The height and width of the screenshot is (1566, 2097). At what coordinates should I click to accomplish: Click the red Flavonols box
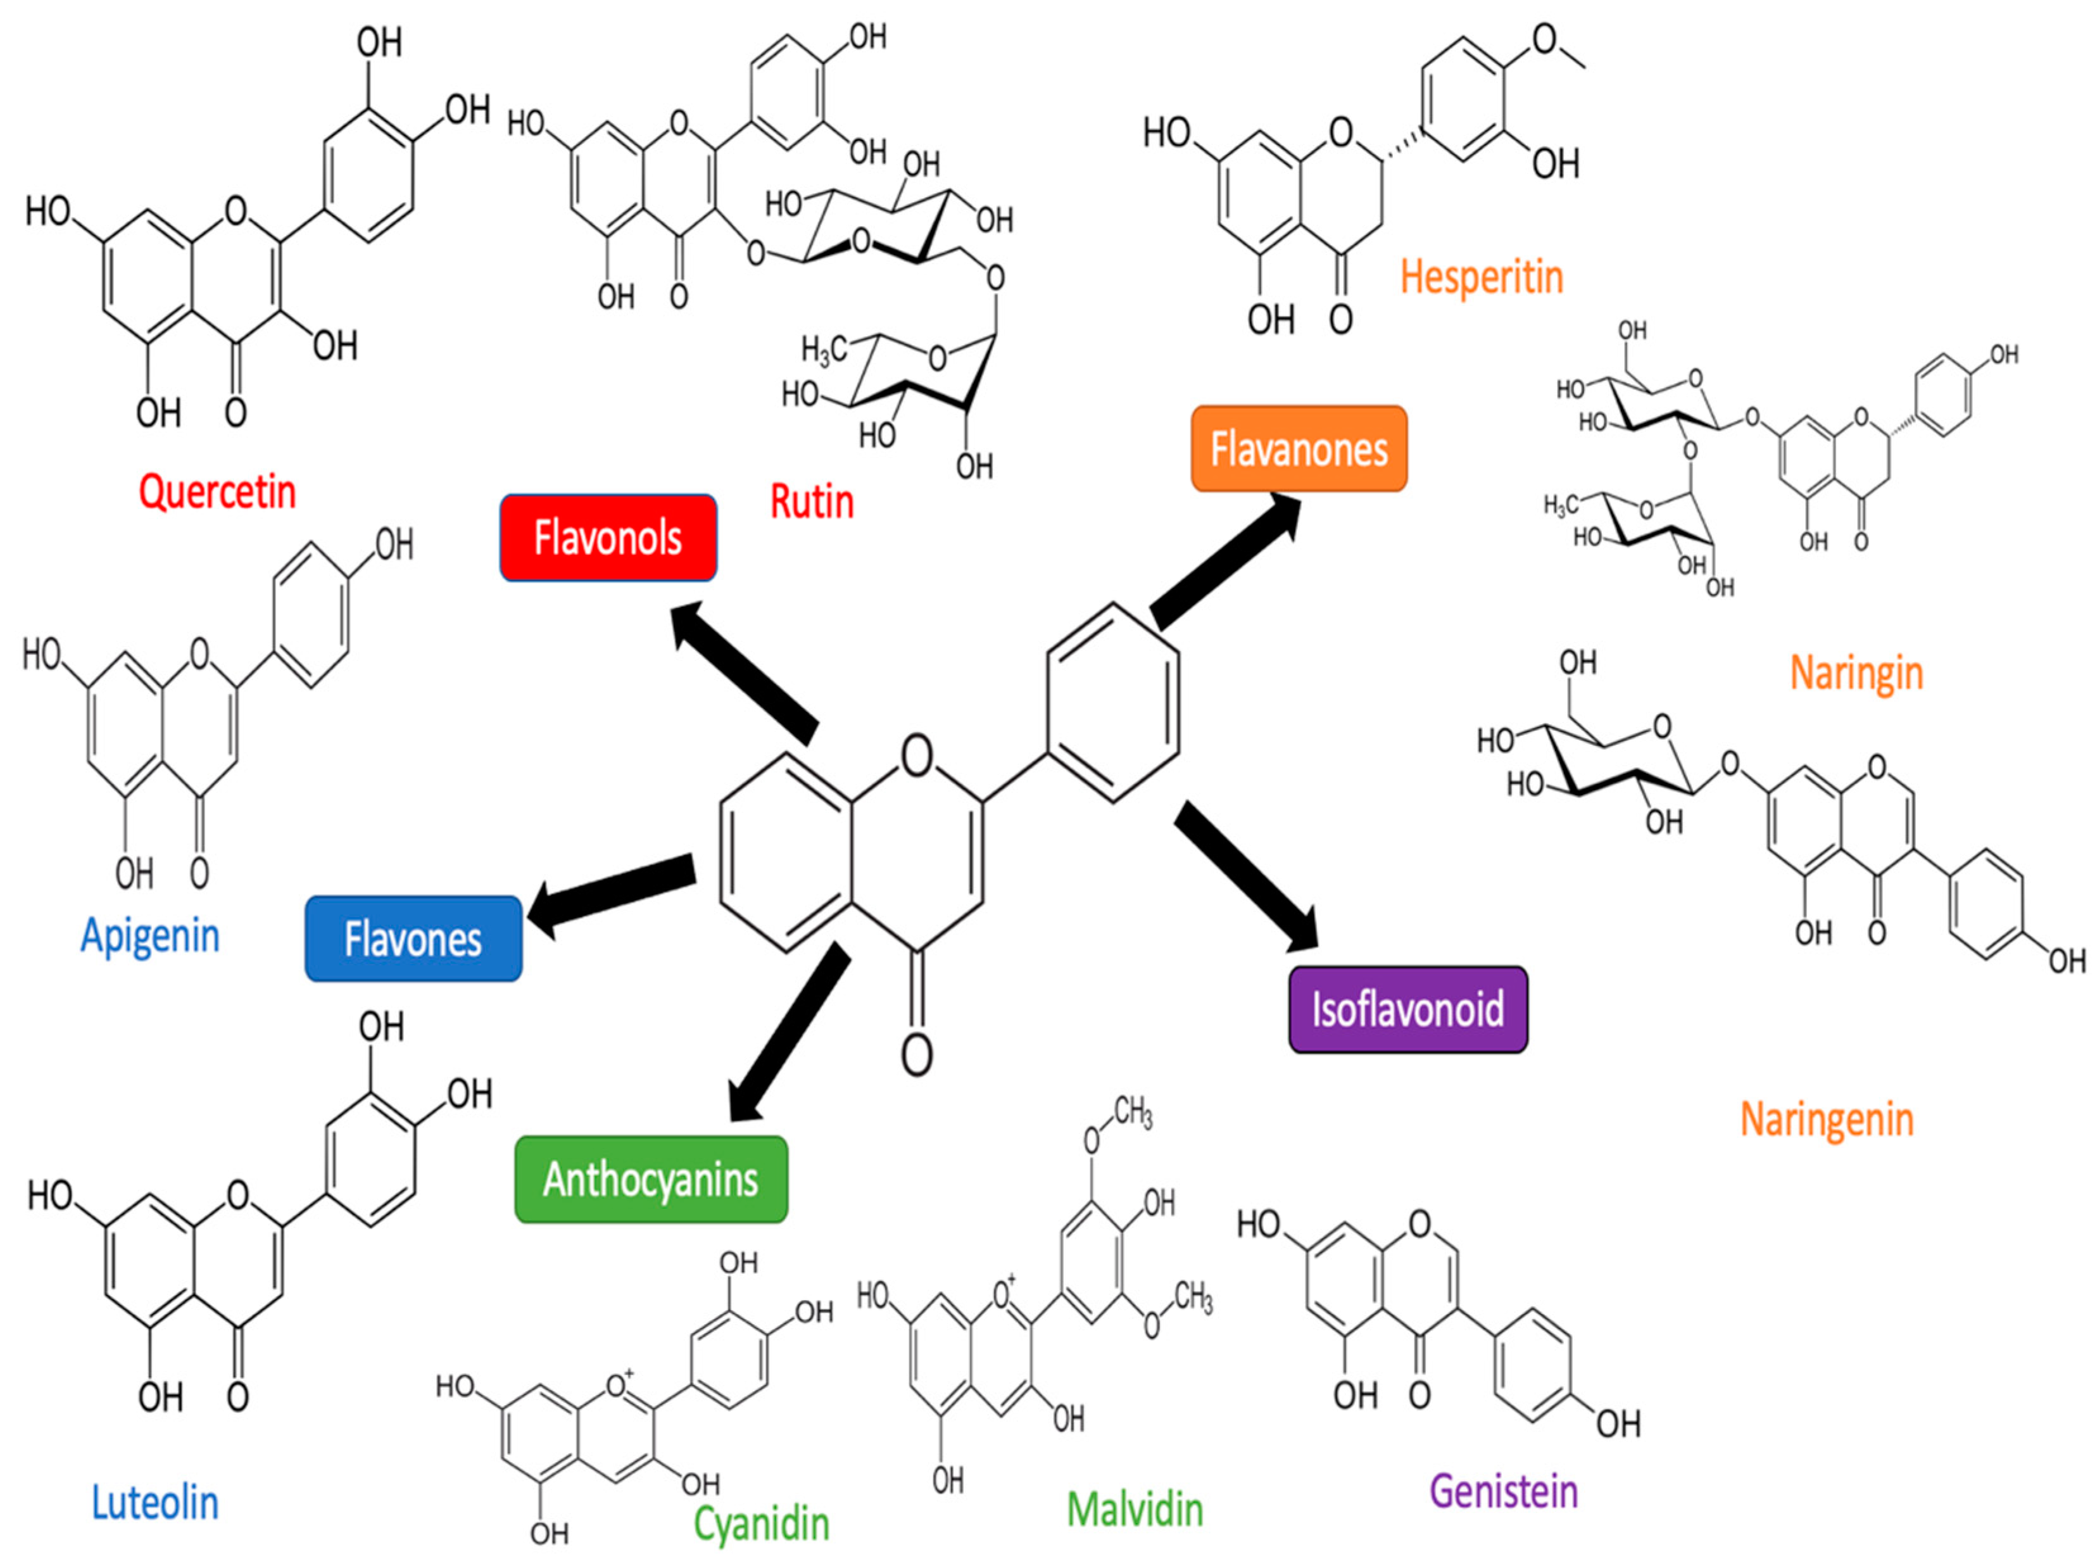coord(607,538)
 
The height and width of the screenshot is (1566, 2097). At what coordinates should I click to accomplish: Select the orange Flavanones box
coord(1298,448)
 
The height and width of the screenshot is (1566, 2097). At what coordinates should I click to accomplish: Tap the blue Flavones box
coord(413,938)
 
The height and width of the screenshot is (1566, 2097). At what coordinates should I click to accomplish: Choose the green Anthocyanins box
coord(651,1179)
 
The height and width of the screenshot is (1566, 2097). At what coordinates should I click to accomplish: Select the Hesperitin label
coord(1481,278)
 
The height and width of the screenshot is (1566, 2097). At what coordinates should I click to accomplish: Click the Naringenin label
coord(1826,1120)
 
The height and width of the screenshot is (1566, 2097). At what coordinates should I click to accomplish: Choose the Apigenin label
coord(149,936)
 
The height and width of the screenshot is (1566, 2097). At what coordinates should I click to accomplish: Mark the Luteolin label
coord(154,1503)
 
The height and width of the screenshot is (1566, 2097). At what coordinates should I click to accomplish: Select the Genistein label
coord(1503,1491)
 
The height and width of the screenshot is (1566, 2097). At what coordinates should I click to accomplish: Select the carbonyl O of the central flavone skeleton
coord(916,1053)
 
